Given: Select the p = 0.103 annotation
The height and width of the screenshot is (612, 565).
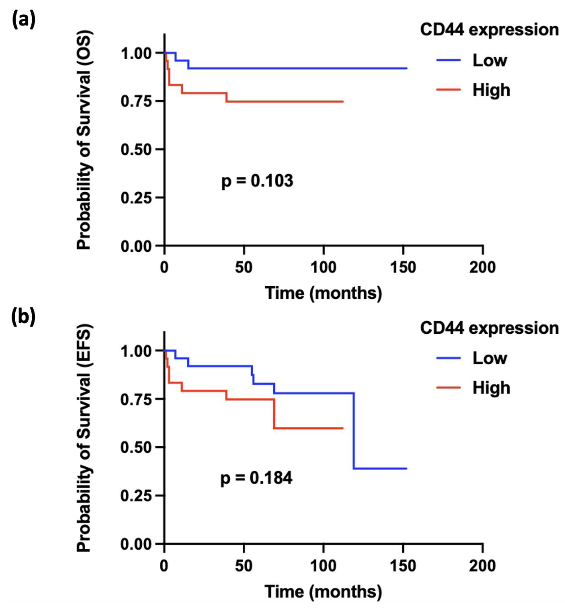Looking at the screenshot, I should point(257,181).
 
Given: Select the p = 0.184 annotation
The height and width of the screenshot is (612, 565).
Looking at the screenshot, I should point(256,478).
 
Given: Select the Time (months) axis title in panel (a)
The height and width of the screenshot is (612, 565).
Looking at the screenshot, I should point(323,293).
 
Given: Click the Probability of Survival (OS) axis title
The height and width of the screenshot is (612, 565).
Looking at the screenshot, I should point(84,141).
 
